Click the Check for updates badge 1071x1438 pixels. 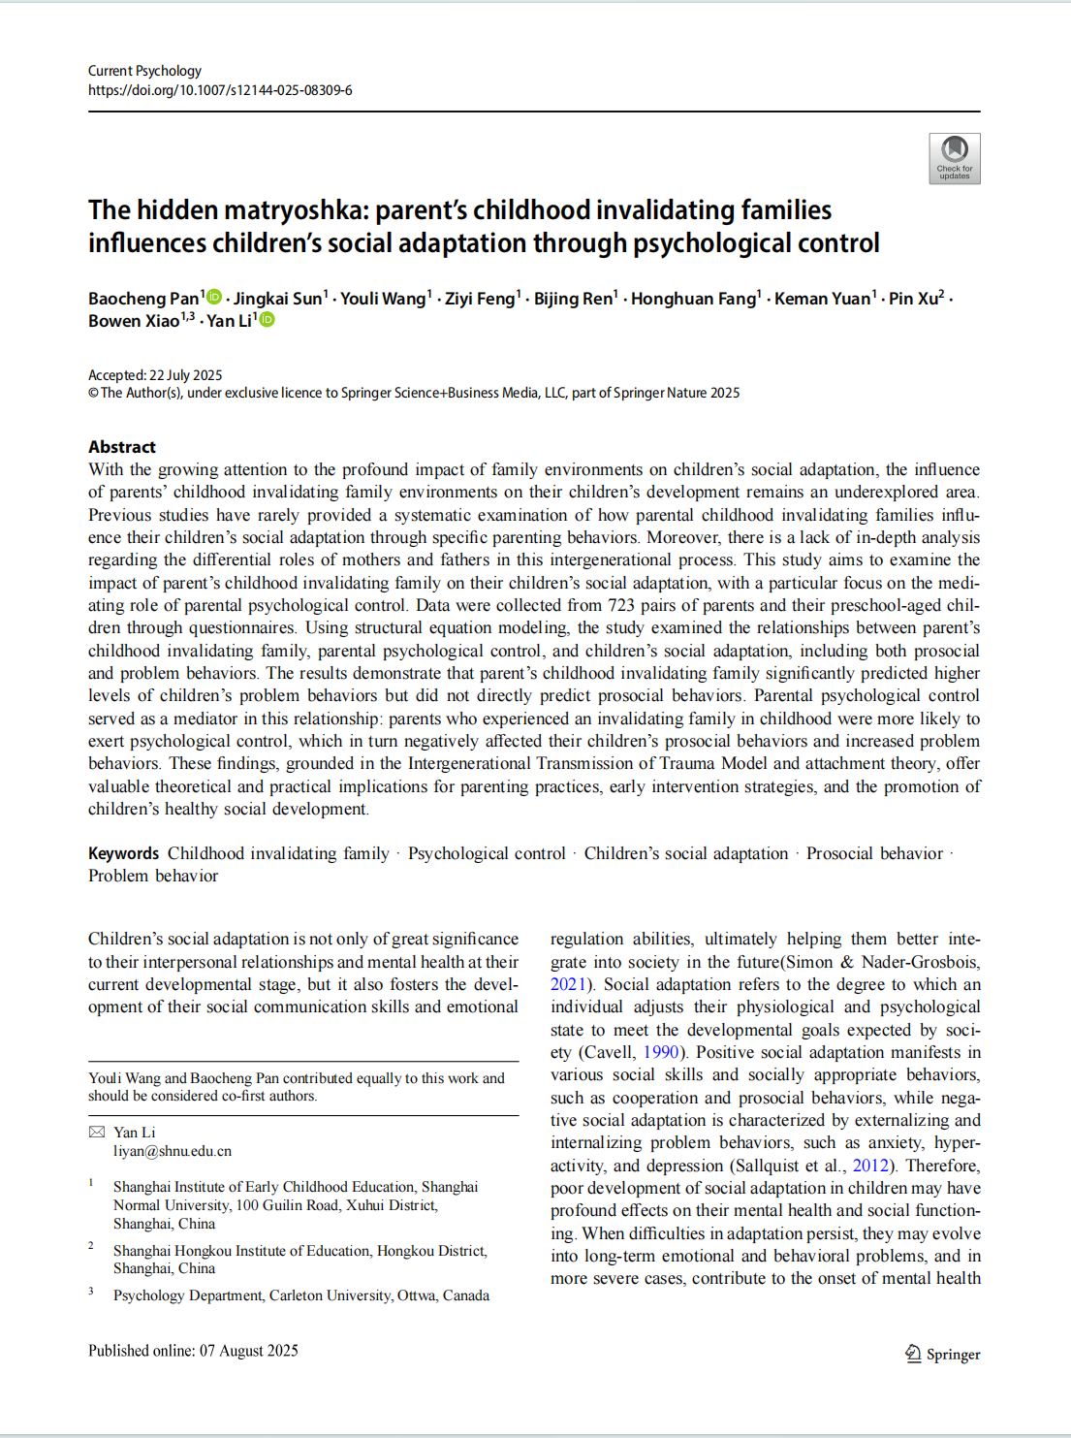point(954,158)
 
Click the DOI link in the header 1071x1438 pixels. point(220,90)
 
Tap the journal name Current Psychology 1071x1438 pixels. point(144,71)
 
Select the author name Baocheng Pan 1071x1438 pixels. point(143,299)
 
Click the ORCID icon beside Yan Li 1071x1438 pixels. point(267,320)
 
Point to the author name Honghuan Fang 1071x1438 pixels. point(693,299)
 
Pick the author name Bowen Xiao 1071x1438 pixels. point(134,321)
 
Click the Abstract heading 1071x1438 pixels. point(122,447)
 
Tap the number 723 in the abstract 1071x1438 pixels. point(620,605)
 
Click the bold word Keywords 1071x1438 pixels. point(123,853)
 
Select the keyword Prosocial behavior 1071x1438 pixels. point(874,853)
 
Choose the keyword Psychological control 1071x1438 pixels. point(487,853)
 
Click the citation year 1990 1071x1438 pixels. point(661,1052)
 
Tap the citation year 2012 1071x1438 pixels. point(870,1166)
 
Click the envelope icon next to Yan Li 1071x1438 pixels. point(97,1132)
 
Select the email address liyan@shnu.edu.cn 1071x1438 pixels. point(173,1151)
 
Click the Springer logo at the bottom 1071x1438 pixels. point(942,1354)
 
